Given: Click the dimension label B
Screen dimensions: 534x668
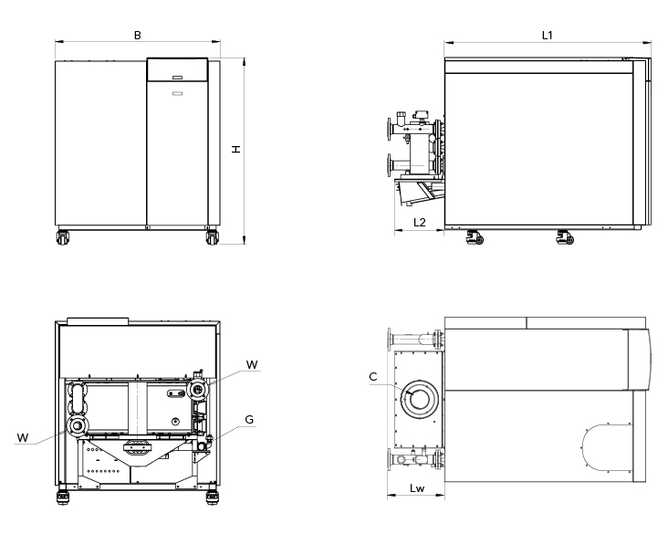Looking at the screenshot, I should [x=137, y=35].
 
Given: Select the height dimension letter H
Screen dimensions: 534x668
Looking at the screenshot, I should [x=235, y=149].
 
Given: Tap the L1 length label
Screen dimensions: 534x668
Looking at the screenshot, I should [x=548, y=35].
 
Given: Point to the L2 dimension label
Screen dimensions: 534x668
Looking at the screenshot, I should [x=420, y=222].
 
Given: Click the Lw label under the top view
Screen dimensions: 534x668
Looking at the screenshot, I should [x=416, y=489].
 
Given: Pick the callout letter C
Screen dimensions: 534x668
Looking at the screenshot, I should [x=373, y=375].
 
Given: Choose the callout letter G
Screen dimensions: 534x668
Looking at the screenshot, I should [x=249, y=422].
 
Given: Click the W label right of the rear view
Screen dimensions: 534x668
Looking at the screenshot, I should [x=252, y=365].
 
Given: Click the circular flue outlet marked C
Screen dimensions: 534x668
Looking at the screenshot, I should [x=421, y=399].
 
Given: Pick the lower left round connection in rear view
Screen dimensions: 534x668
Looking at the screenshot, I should [x=78, y=426].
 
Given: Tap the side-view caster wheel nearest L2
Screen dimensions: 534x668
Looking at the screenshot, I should [x=474, y=238].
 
